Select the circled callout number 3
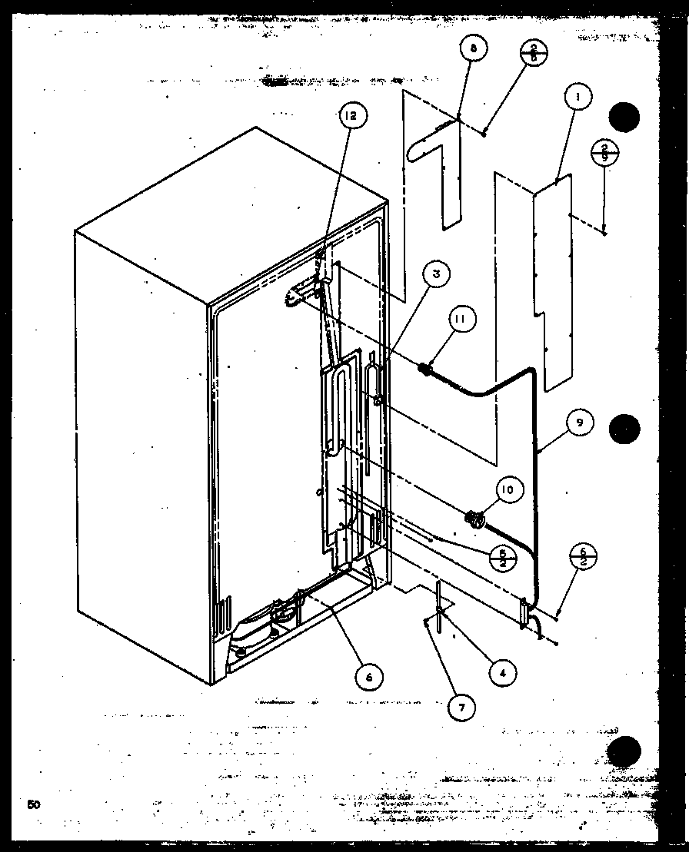[x=435, y=274]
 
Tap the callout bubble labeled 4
[x=501, y=673]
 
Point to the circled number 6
[x=369, y=677]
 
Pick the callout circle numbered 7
[x=461, y=708]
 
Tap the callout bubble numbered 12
[x=351, y=116]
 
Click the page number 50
[x=33, y=804]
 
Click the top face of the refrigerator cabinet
[x=231, y=215]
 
